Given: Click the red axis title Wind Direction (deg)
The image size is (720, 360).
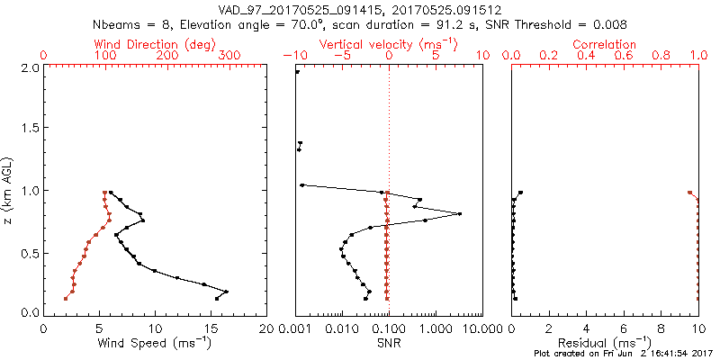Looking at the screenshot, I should (x=155, y=44).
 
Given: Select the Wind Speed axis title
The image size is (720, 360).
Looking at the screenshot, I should (x=155, y=343).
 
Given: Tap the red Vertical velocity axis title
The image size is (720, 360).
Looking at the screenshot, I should (x=388, y=44).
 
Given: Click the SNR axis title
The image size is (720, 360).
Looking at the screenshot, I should (x=388, y=343).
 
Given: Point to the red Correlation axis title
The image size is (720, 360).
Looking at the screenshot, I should (x=604, y=44).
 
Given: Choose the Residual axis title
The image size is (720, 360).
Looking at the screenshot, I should (x=604, y=343).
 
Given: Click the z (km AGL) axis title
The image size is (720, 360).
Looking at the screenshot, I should (x=11, y=190).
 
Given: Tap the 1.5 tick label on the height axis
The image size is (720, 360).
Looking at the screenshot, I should (x=29, y=129).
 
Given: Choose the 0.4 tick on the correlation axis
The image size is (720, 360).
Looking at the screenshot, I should (x=586, y=56).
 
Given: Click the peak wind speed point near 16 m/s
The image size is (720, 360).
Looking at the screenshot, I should (x=226, y=292).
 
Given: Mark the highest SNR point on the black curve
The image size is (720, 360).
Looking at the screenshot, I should (x=460, y=214).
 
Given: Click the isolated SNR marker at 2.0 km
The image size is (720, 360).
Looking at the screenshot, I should (x=298, y=72).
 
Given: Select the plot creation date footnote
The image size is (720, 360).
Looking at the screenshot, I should (x=621, y=355).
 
